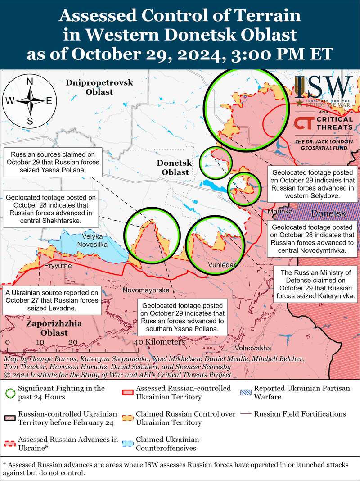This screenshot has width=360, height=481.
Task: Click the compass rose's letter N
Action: (30, 82)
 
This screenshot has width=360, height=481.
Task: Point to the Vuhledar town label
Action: (222, 265)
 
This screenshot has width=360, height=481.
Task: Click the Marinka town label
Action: (280, 211)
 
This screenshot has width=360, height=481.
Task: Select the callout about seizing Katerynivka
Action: (315, 285)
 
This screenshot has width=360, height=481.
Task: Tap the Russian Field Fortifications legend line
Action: (245, 414)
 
